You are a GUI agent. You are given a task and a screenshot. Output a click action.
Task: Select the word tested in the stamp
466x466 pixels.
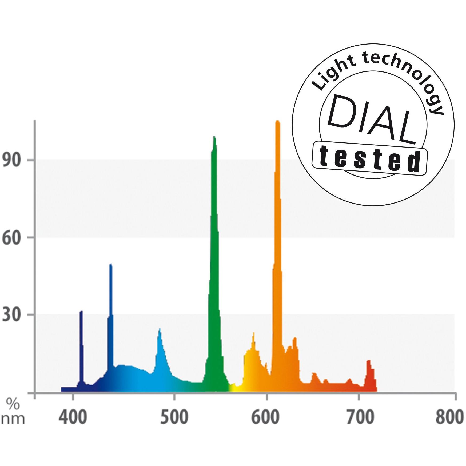[370, 159]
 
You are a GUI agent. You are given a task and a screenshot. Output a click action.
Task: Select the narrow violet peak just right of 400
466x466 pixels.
[81, 312]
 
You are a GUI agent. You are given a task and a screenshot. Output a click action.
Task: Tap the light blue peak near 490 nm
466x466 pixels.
[160, 330]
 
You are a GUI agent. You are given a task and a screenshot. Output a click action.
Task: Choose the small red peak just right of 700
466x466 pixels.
[369, 361]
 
